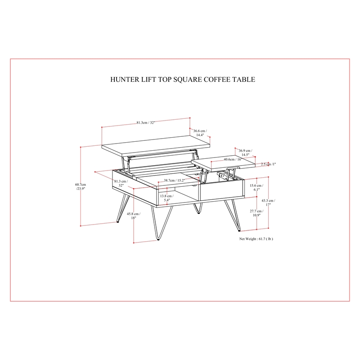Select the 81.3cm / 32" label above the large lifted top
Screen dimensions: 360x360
146,122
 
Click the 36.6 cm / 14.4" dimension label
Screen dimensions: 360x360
200,133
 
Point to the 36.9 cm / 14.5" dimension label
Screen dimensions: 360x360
245,153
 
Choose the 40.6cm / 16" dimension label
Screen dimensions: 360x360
233,159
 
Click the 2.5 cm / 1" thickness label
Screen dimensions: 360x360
268,164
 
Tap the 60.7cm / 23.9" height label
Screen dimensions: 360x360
81,186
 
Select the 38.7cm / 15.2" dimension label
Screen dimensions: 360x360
175,180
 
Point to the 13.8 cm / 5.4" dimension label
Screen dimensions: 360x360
167,198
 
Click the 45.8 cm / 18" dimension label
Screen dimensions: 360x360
134,216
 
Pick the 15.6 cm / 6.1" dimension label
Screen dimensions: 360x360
256,187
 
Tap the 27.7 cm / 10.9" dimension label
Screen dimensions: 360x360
256,213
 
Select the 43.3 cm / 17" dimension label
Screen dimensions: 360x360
268,202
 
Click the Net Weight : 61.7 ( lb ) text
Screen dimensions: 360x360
256,239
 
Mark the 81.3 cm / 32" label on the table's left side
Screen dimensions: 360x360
121,183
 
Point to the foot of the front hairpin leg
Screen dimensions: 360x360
158,239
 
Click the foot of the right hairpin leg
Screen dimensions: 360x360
239,230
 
